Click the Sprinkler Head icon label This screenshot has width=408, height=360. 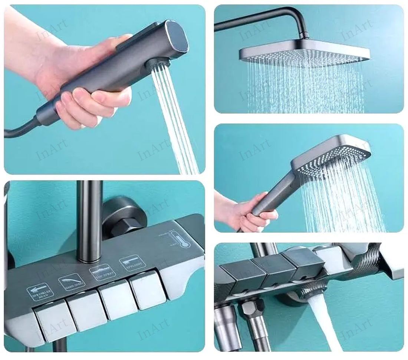point(40,291)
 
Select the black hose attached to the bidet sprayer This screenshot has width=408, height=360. point(19,130)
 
